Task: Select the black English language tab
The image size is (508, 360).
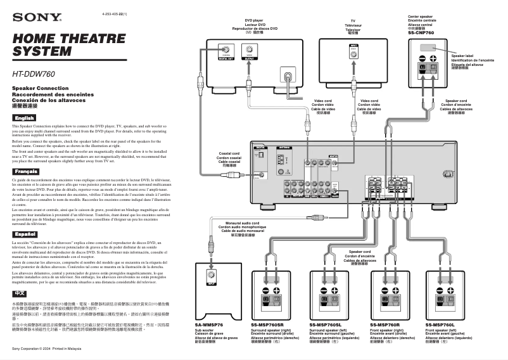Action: [25, 119]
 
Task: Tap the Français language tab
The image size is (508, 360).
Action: [26, 172]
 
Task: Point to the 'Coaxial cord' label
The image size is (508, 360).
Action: [229, 154]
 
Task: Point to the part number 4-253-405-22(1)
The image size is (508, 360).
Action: [114, 13]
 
